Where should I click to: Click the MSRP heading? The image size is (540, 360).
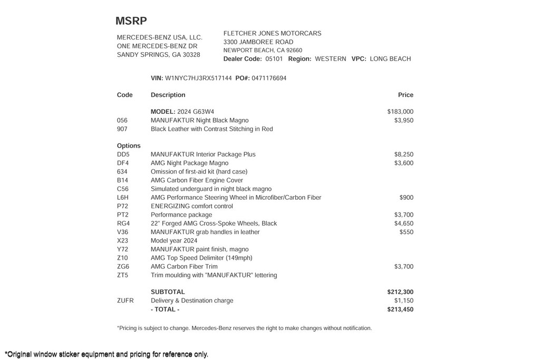tap(131, 21)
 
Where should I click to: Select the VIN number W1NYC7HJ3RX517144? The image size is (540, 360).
tap(198, 78)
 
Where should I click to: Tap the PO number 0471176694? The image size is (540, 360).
tap(269, 78)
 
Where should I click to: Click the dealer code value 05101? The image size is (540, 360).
tap(274, 59)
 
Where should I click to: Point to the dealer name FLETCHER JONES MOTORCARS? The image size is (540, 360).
tap(272, 33)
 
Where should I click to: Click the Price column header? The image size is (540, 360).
tap(406, 95)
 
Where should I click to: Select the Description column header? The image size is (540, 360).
tap(168, 95)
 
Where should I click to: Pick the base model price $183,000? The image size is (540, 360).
tap(400, 112)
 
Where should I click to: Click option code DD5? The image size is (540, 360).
tap(123, 154)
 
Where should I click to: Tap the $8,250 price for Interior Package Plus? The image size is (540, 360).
tap(403, 154)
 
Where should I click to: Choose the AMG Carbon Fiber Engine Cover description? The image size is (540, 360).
tap(197, 180)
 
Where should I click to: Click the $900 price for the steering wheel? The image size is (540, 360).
tap(406, 198)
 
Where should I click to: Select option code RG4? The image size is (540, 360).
tap(123, 223)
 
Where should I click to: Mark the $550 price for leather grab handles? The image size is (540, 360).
tap(406, 232)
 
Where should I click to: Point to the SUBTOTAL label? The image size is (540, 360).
tap(168, 292)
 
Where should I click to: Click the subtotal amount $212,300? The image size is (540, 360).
tap(400, 292)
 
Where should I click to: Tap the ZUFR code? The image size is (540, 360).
tap(126, 300)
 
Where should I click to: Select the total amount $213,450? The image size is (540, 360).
tap(400, 309)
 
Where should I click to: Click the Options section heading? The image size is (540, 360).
tap(129, 145)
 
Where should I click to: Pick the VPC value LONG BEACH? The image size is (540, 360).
tap(390, 59)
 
